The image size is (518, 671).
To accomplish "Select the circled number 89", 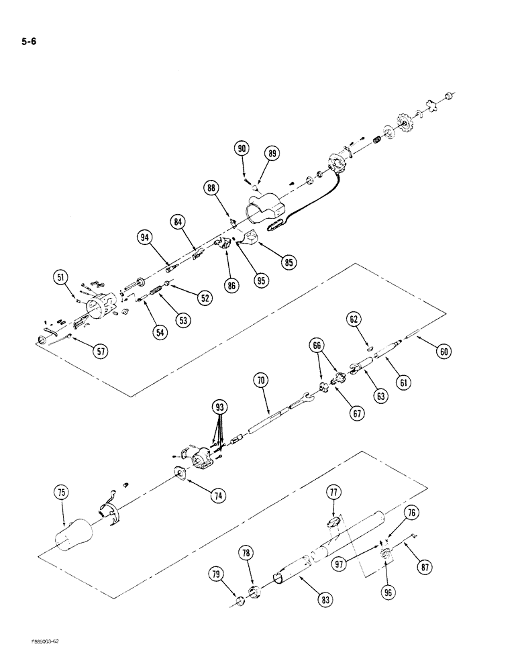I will click(272, 154).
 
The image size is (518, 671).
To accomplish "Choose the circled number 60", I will click(443, 350).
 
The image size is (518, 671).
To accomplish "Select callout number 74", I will click(217, 496).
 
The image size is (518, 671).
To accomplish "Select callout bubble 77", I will click(333, 493).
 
